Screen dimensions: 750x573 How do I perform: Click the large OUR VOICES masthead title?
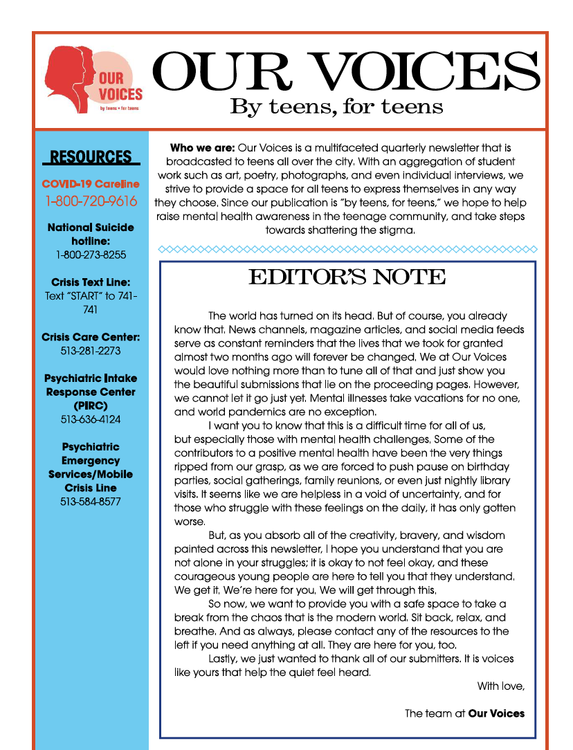pyautogui.click(x=345, y=73)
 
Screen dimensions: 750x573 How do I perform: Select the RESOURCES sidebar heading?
pyautogui.click(x=91, y=157)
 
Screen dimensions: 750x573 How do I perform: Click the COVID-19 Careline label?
pyautogui.click(x=91, y=184)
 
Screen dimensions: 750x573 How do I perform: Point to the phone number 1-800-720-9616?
pyautogui.click(x=91, y=201)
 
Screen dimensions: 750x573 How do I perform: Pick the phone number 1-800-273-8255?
pyautogui.click(x=91, y=255)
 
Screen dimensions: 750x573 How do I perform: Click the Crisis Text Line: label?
pyautogui.click(x=91, y=282)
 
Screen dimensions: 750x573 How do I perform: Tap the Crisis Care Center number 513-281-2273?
pyautogui.click(x=91, y=351)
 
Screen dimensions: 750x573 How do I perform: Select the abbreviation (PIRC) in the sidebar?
pyautogui.click(x=91, y=405)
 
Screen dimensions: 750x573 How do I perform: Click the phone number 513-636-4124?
pyautogui.click(x=91, y=419)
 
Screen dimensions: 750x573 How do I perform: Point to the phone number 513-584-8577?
pyautogui.click(x=91, y=502)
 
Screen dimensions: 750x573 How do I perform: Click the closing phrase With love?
pyautogui.click(x=501, y=686)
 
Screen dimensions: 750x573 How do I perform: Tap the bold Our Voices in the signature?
pyautogui.click(x=496, y=713)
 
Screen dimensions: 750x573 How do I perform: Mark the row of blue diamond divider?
pyautogui.click(x=347, y=249)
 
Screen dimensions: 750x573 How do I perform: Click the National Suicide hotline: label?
pyautogui.click(x=91, y=234)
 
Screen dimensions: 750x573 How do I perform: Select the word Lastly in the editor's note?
pyautogui.click(x=224, y=659)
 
